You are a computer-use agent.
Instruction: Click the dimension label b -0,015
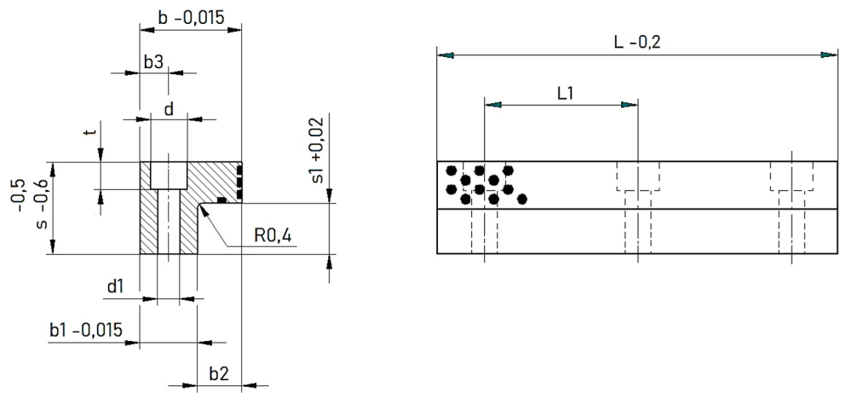pyautogui.click(x=190, y=17)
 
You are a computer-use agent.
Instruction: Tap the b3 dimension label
pyautogui.click(x=153, y=62)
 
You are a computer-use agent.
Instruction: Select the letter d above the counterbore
pyautogui.click(x=169, y=110)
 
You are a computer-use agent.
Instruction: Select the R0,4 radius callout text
pyautogui.click(x=273, y=235)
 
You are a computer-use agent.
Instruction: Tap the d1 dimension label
pyautogui.click(x=115, y=287)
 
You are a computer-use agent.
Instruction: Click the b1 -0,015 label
pyautogui.click(x=85, y=330)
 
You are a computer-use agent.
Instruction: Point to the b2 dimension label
pyautogui.click(x=218, y=374)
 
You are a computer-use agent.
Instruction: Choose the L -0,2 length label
pyautogui.click(x=638, y=43)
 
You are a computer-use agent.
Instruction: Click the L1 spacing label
pyautogui.click(x=565, y=93)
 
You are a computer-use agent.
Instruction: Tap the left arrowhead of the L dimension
pyautogui.click(x=445, y=55)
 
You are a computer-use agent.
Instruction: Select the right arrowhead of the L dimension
pyautogui.click(x=829, y=55)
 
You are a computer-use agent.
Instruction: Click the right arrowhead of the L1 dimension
pyautogui.click(x=630, y=105)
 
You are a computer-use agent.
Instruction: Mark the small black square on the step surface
pyautogui.click(x=222, y=200)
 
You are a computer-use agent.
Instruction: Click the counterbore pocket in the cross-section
pyautogui.click(x=169, y=175)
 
